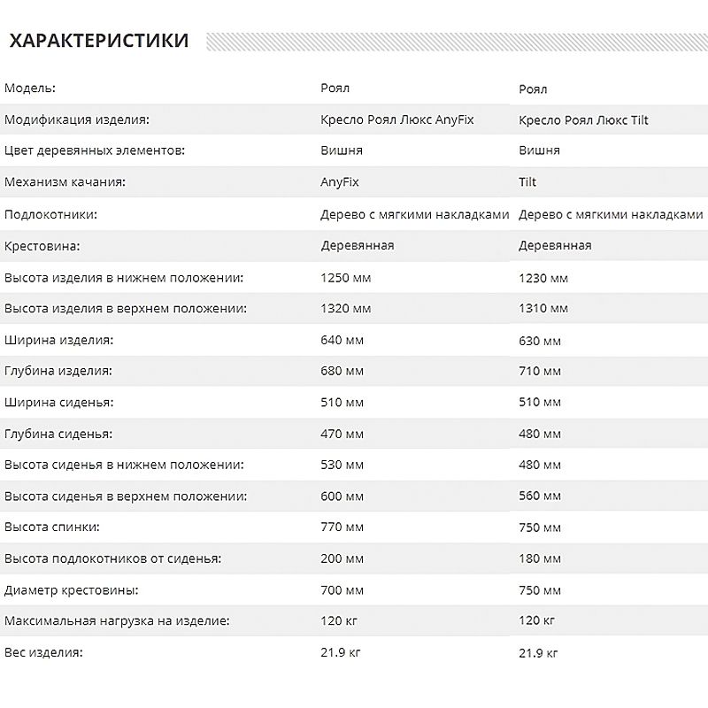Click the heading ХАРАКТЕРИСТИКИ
pos(98,41)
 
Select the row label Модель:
pos(30,88)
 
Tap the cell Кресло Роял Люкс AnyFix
pos(397,119)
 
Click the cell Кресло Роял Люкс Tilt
pos(583,120)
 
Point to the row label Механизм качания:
pos(65,182)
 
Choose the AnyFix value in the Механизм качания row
pos(340,182)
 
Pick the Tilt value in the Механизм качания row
pos(527,182)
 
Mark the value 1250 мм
pos(345,278)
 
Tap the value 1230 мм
pos(543,279)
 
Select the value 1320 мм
pos(345,309)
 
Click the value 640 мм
pos(342,340)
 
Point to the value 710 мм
pos(540,372)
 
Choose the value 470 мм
pos(342,434)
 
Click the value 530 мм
pos(342,465)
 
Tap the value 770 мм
pos(342,527)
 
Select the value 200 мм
pos(342,558)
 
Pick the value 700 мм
pos(342,589)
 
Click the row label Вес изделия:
pos(43,652)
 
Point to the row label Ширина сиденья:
pos(59,403)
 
